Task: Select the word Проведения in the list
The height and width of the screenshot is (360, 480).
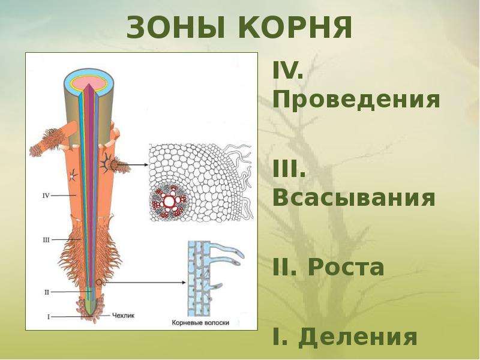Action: pos(356,99)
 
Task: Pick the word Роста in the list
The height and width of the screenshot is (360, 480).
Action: pos(346,267)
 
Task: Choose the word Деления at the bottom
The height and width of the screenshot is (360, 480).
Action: pos(358,337)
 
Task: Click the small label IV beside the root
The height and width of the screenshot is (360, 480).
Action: pos(46,195)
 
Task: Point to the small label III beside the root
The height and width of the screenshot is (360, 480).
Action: pos(46,240)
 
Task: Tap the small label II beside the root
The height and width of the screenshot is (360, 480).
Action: pos(47,292)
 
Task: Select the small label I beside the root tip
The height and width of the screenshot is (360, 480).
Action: pos(49,317)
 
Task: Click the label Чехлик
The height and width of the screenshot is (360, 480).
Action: pos(123,316)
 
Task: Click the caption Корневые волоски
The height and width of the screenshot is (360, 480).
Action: pos(200,323)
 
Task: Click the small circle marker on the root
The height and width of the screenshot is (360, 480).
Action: pos(98,283)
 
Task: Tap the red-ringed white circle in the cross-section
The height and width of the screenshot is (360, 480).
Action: pos(169,202)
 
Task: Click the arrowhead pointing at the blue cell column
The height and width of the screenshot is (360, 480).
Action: pos(184,283)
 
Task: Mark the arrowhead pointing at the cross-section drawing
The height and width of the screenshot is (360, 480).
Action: pos(145,165)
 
